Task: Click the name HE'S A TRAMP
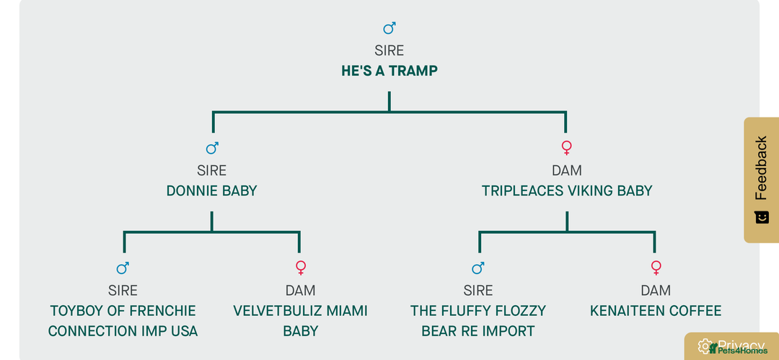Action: click(389, 71)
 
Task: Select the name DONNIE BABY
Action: click(211, 191)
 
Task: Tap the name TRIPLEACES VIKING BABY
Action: click(567, 191)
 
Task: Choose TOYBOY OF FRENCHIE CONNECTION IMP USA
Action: click(123, 321)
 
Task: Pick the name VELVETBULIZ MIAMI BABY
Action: click(301, 321)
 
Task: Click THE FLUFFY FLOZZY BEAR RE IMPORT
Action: click(478, 321)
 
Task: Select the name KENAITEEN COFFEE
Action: click(656, 311)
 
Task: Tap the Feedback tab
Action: click(761, 180)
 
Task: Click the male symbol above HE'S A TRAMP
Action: click(389, 28)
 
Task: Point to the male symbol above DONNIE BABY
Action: click(212, 148)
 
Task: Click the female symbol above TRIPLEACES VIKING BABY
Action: click(567, 148)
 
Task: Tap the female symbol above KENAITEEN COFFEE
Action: click(656, 268)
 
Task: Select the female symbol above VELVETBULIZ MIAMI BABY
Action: click(301, 268)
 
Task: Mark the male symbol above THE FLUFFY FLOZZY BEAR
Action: click(478, 268)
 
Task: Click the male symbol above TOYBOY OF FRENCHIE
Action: click(123, 268)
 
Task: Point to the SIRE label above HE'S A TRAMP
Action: click(389, 51)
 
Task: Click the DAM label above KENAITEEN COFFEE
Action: click(656, 291)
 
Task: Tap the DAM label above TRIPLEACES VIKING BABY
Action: click(567, 170)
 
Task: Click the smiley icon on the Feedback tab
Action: click(762, 217)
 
